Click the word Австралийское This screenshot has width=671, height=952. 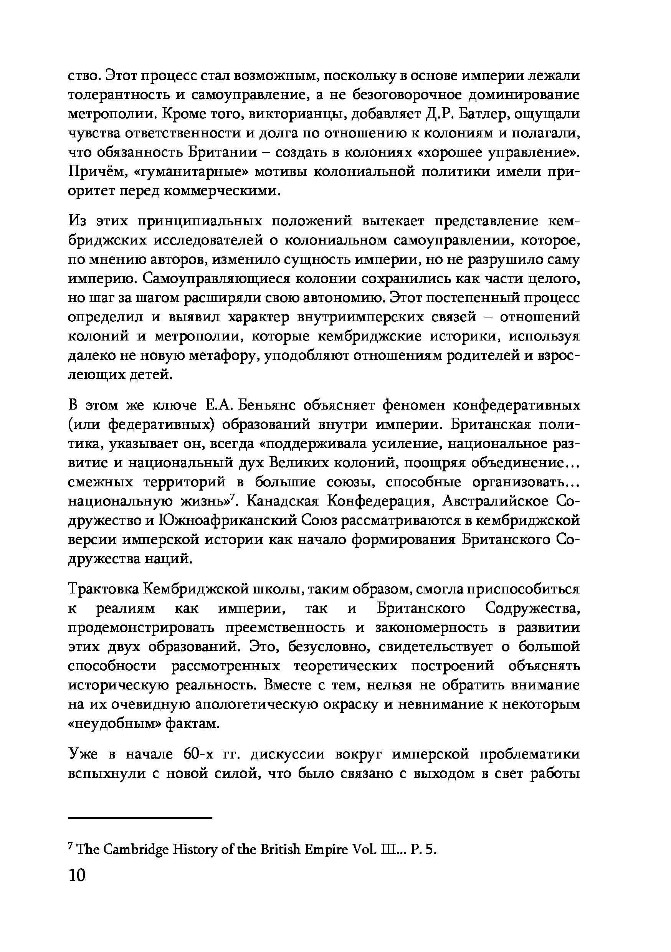(x=495, y=501)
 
